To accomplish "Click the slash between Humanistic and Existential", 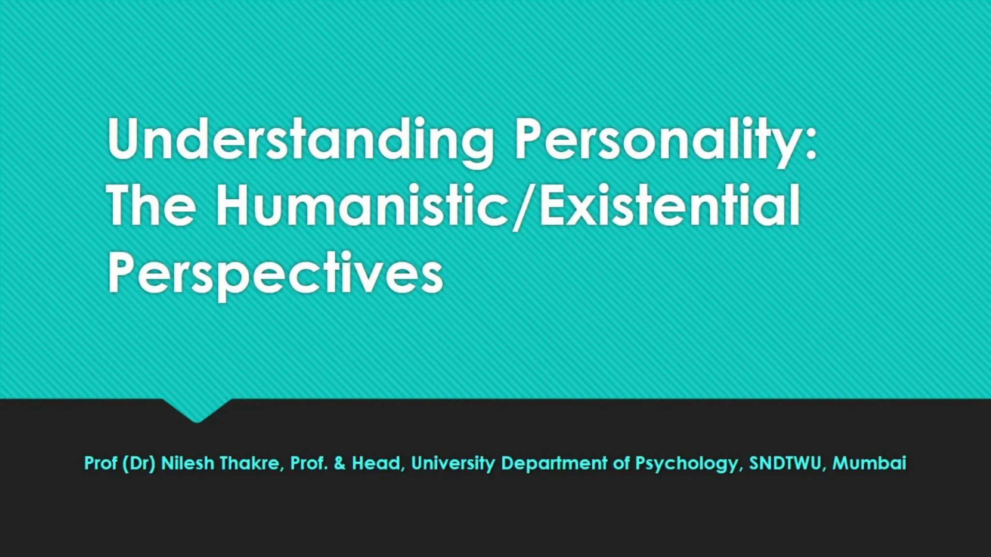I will point(523,208).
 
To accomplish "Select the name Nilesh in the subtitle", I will point(187,463).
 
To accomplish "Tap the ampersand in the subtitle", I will point(340,463).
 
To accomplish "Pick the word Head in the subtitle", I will point(376,463).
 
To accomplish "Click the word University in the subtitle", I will point(453,463).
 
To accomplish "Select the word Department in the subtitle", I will point(554,463).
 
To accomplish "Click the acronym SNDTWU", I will point(785,463).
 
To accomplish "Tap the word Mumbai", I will point(869,463).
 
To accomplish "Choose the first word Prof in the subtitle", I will point(101,463).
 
